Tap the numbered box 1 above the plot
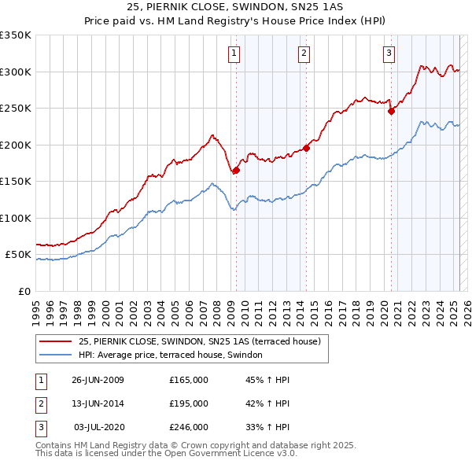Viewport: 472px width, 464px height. (235, 53)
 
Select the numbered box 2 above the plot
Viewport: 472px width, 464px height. (304, 53)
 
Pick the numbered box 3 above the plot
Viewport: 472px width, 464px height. (389, 53)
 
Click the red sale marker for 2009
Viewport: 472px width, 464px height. (236, 171)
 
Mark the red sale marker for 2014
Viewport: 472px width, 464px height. (307, 148)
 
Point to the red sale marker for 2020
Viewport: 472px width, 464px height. (391, 111)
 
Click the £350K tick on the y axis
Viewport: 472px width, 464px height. (16, 35)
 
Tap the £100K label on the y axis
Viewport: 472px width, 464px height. (16, 218)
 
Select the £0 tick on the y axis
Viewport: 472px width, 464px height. (24, 291)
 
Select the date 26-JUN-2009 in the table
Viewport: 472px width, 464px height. (98, 380)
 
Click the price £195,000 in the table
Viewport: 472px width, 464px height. (188, 403)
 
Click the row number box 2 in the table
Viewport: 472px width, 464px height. (40, 403)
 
